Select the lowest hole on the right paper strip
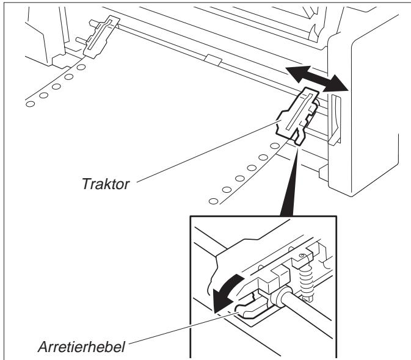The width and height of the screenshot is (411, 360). pyautogui.click(x=213, y=200)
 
